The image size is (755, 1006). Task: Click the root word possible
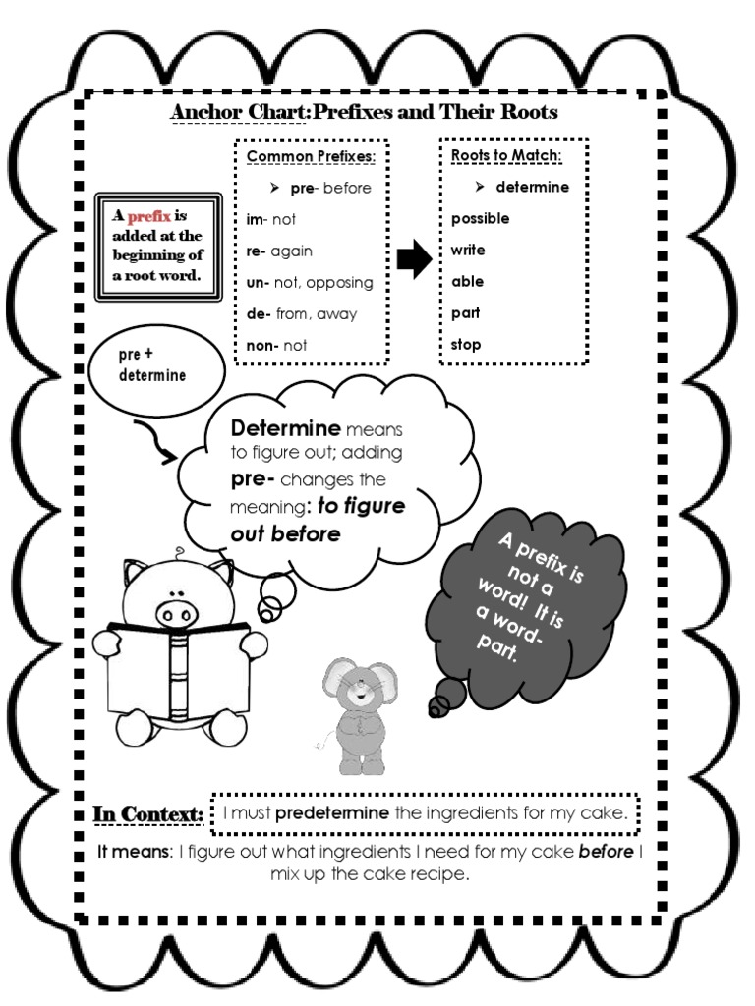pos(480,218)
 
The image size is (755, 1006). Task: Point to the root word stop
pos(466,345)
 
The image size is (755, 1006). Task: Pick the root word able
pos(468,281)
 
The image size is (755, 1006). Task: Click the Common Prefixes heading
pos(311,157)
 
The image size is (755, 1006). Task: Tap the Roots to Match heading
pos(505,156)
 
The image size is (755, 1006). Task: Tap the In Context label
pos(148,814)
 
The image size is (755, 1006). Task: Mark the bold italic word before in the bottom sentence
pos(606,851)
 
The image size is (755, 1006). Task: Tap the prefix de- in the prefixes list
pos(259,313)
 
